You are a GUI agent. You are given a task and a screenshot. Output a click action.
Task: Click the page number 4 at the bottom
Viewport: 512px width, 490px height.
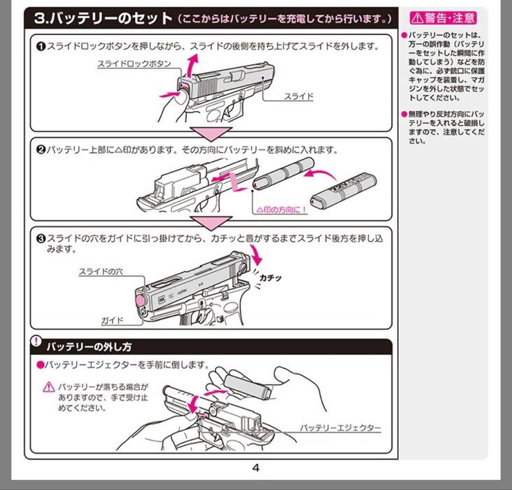click(x=256, y=468)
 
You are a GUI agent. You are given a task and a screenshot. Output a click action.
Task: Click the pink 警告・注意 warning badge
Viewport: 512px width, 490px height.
click(x=443, y=18)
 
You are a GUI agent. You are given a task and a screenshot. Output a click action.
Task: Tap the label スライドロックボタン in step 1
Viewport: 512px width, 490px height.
click(x=134, y=64)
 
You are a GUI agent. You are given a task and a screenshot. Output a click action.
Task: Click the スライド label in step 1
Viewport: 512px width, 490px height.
click(x=299, y=96)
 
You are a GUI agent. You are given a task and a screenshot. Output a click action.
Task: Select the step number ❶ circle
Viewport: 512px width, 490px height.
click(x=40, y=46)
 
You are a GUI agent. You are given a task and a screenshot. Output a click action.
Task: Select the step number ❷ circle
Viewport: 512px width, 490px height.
click(x=40, y=150)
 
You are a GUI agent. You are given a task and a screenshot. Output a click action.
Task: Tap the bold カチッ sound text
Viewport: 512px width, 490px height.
click(x=270, y=277)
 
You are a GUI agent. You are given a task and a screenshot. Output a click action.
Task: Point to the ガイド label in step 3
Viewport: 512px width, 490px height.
click(x=112, y=321)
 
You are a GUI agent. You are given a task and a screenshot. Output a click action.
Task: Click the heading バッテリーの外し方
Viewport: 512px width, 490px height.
click(x=89, y=347)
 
